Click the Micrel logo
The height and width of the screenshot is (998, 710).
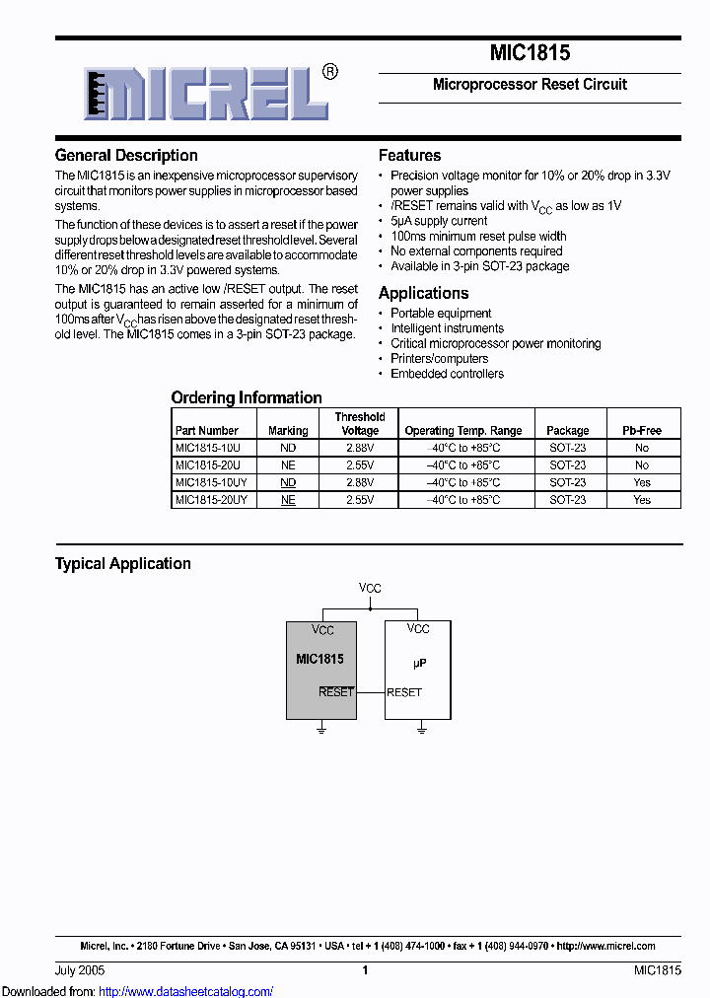(x=208, y=93)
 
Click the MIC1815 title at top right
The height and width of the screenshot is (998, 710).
(x=530, y=53)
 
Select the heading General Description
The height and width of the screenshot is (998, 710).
(x=126, y=155)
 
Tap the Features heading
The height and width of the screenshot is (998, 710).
(x=409, y=155)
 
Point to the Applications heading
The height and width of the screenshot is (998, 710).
(x=423, y=293)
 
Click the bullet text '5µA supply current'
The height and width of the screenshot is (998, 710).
(x=439, y=221)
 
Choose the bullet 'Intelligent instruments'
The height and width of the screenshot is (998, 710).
(x=447, y=328)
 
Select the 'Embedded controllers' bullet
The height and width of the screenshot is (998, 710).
(x=447, y=374)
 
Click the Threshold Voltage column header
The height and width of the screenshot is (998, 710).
(x=359, y=423)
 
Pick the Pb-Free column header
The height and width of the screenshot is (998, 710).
(x=642, y=431)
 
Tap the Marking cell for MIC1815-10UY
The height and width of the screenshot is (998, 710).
(x=288, y=482)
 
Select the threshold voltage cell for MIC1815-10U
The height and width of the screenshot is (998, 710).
(x=359, y=448)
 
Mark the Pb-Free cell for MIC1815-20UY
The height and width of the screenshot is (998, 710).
(x=642, y=500)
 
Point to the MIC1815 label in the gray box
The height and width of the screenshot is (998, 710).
(x=319, y=659)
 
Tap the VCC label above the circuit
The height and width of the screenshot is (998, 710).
(x=370, y=588)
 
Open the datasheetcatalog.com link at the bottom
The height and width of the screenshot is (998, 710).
(x=186, y=991)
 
